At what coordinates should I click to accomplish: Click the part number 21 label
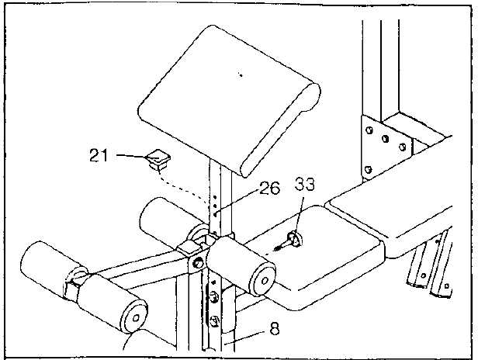click(x=99, y=155)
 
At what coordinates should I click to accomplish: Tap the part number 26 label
click(x=269, y=188)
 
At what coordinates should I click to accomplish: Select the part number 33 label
click(x=304, y=185)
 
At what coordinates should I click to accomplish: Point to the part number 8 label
click(x=275, y=329)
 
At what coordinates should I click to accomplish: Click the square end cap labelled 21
click(x=158, y=160)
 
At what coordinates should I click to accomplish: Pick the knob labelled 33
click(x=289, y=241)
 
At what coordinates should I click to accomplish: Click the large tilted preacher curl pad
click(x=229, y=100)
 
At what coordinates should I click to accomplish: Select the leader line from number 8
click(x=244, y=337)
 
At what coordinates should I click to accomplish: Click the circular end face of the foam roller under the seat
click(x=264, y=280)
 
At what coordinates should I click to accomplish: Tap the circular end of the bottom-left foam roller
click(x=135, y=317)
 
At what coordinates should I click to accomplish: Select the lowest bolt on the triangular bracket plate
click(x=369, y=169)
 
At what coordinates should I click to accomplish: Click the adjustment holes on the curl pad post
click(x=215, y=206)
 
